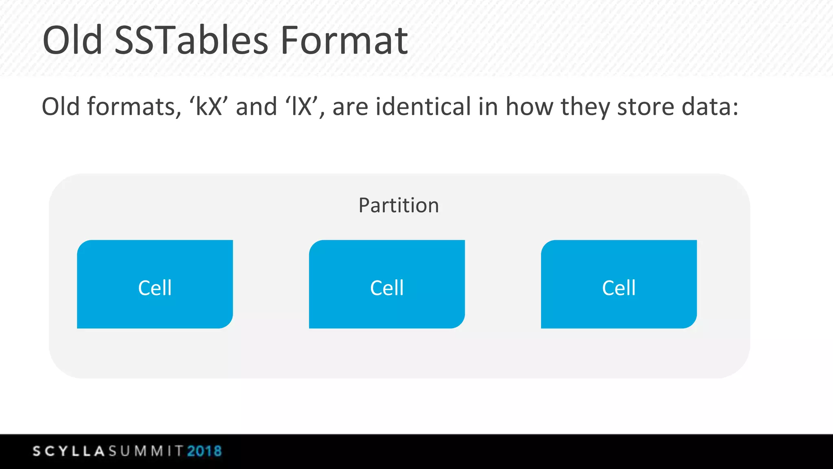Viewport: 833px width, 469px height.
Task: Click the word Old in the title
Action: (x=72, y=41)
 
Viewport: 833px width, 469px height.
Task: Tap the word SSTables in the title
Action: (x=191, y=41)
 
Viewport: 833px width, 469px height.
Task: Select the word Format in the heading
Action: (x=344, y=41)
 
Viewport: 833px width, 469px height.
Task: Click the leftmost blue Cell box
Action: (x=155, y=284)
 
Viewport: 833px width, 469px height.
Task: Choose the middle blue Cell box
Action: (x=387, y=284)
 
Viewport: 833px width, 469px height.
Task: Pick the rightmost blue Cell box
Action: (x=619, y=284)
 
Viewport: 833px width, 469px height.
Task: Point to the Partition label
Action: (x=399, y=205)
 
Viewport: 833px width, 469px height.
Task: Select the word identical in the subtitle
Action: (x=423, y=107)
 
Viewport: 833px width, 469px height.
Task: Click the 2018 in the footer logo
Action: (x=205, y=451)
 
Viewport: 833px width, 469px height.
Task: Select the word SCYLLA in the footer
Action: (x=69, y=451)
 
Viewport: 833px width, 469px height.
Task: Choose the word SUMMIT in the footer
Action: (x=146, y=451)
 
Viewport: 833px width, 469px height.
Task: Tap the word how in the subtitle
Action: (x=529, y=107)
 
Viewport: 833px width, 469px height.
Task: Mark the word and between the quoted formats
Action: (x=256, y=107)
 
